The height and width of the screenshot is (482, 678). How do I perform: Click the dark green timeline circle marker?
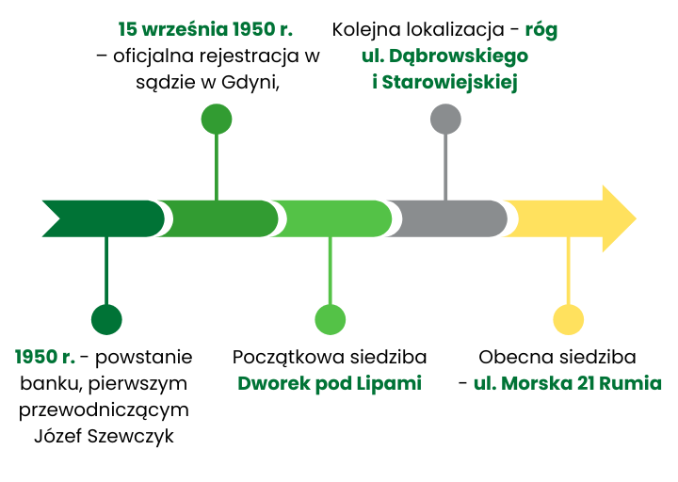[106, 320]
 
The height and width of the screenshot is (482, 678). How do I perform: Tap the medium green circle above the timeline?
[217, 120]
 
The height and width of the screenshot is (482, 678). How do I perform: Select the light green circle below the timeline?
[330, 320]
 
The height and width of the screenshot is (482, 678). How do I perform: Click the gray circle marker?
[445, 120]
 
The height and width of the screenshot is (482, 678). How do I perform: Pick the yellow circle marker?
[568, 320]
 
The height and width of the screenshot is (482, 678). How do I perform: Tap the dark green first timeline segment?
[104, 219]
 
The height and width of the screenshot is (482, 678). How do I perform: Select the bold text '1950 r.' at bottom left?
[44, 358]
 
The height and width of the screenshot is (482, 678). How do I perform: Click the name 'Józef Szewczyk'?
[104, 436]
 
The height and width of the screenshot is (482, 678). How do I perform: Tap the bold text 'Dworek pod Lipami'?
[330, 384]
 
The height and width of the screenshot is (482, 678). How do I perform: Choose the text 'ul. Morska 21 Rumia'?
[567, 384]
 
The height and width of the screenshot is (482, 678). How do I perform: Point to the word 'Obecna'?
[510, 358]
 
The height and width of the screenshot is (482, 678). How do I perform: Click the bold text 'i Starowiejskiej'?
[445, 82]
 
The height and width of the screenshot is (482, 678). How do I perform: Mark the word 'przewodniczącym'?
[104, 410]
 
